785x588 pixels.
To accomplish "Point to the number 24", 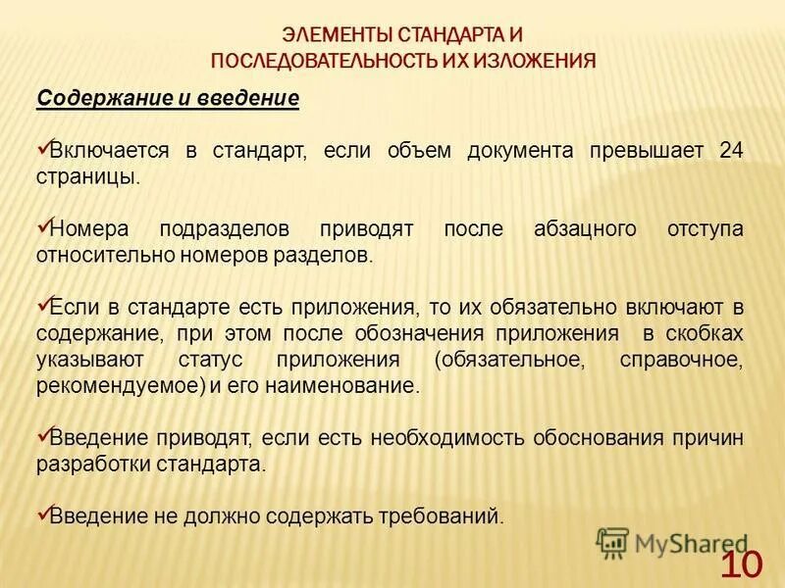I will pyautogui.click(x=731, y=152).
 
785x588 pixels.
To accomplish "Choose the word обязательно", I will pyautogui.click(x=577, y=308).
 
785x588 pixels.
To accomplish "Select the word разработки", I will pyautogui.click(x=89, y=464).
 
